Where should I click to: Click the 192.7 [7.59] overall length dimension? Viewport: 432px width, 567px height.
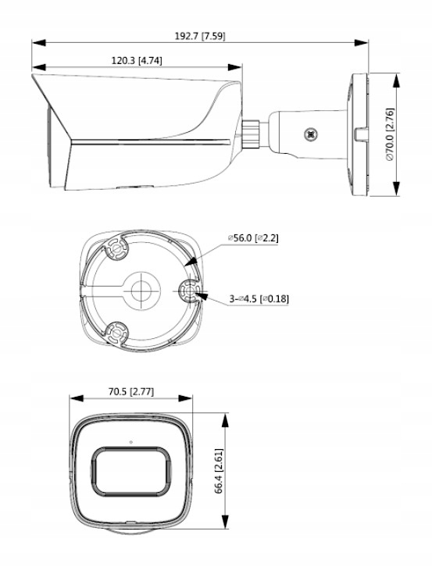[x=201, y=36]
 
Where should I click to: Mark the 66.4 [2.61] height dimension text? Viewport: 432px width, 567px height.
[x=221, y=471]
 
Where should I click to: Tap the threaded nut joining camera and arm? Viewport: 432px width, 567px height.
[x=252, y=130]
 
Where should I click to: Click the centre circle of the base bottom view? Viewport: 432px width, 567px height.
[x=141, y=288]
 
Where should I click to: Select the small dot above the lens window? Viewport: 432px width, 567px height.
[x=130, y=443]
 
